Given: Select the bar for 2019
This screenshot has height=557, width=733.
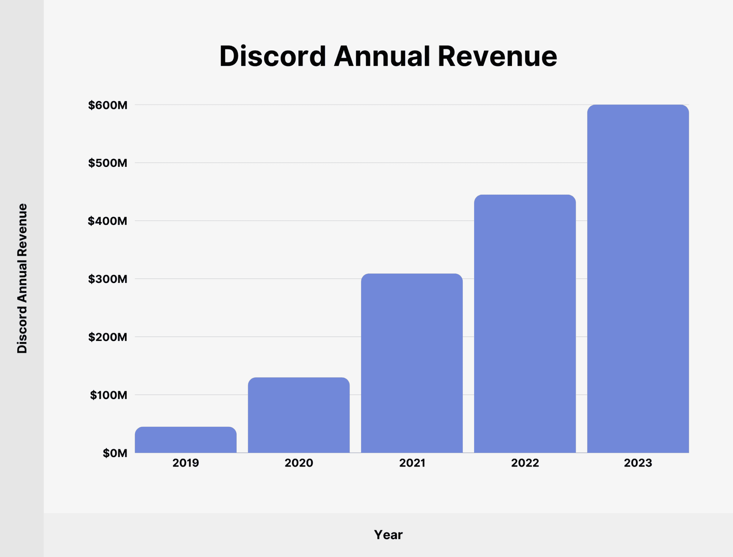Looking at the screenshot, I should point(186,440).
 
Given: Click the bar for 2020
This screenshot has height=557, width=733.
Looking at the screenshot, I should point(299,415).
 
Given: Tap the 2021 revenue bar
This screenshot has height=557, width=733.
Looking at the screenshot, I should point(412,363).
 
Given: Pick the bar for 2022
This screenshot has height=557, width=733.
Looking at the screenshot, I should point(525,324).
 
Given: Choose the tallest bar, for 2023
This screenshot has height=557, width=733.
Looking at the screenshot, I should point(638,279).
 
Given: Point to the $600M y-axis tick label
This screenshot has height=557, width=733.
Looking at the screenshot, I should point(108,105).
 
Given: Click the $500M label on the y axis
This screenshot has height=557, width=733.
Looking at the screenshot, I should point(108,163).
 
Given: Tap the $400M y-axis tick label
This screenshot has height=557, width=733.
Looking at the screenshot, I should point(108,221).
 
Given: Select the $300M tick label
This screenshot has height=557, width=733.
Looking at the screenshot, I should point(108,279).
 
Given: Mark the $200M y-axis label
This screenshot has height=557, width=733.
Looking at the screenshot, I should point(108,337).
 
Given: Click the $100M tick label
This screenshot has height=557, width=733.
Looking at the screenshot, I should point(108,395).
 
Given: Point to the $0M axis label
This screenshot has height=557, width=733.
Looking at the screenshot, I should point(115,453).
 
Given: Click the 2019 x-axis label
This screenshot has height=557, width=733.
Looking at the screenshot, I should point(186,463).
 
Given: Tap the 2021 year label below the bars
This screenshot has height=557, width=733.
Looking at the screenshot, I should point(412,463).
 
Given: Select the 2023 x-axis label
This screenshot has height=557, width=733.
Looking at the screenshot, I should point(638,463).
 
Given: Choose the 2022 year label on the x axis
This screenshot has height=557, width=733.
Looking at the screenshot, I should point(525,463).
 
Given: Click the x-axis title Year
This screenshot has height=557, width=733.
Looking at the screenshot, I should point(388,535).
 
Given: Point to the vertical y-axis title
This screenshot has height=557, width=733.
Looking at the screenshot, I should point(22,278).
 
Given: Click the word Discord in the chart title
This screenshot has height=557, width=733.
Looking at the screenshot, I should point(273,57).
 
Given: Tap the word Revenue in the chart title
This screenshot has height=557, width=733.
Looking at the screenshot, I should point(497,57).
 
